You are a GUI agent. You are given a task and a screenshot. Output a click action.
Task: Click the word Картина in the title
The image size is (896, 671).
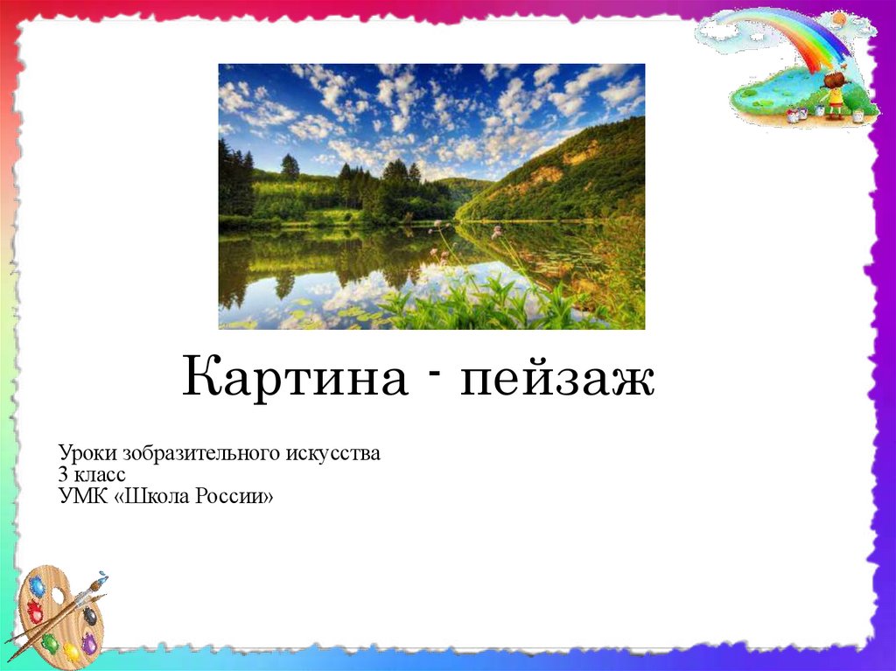pyautogui.click(x=295, y=376)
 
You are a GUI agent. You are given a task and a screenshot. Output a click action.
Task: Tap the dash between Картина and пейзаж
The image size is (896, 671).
pyautogui.click(x=434, y=374)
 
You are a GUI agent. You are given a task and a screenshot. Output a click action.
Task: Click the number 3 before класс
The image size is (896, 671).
pyautogui.click(x=62, y=474)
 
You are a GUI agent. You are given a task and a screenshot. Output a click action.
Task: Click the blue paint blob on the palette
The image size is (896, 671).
pyautogui.click(x=38, y=587)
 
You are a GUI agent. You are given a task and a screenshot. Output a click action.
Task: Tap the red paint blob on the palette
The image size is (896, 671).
pyautogui.click(x=35, y=611)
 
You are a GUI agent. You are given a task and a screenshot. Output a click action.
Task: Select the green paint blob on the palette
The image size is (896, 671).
pyautogui.click(x=50, y=642)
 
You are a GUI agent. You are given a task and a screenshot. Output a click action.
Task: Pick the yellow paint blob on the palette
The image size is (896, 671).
pyautogui.click(x=72, y=652)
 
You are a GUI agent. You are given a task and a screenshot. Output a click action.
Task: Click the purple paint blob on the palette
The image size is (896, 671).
pyautogui.click(x=90, y=644)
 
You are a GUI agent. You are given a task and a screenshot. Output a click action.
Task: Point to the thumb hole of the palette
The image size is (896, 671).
pyautogui.click(x=59, y=596)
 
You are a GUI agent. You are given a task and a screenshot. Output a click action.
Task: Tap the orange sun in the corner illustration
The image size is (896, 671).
pyautogui.click(x=839, y=19)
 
